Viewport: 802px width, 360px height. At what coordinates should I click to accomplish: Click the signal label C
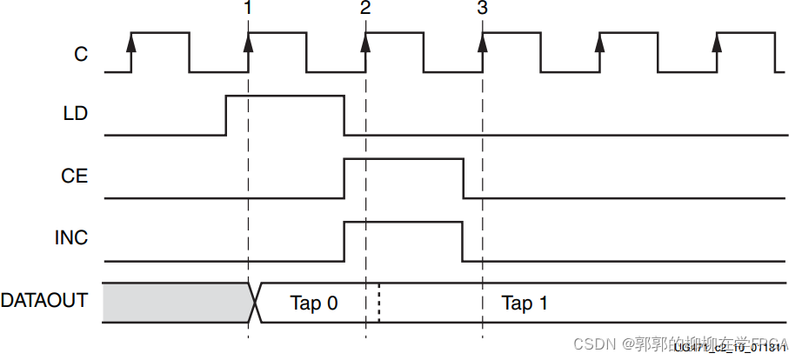point(80,54)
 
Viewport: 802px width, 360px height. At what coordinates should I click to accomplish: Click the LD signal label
point(76,114)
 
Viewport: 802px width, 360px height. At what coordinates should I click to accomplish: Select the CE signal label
point(76,177)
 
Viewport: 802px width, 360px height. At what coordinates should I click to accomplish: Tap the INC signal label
point(73,238)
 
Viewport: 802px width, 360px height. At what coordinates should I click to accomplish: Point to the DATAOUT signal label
point(44,301)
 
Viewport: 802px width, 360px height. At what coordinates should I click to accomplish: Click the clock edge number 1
point(249,9)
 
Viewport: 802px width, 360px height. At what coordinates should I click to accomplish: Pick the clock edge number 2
point(365,9)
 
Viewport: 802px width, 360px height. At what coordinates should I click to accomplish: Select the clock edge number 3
point(483,9)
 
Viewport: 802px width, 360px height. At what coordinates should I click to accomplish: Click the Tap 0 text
point(313,303)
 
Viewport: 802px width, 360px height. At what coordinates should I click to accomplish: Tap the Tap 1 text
point(525,303)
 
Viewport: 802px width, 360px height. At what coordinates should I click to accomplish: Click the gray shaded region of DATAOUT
point(174,303)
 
